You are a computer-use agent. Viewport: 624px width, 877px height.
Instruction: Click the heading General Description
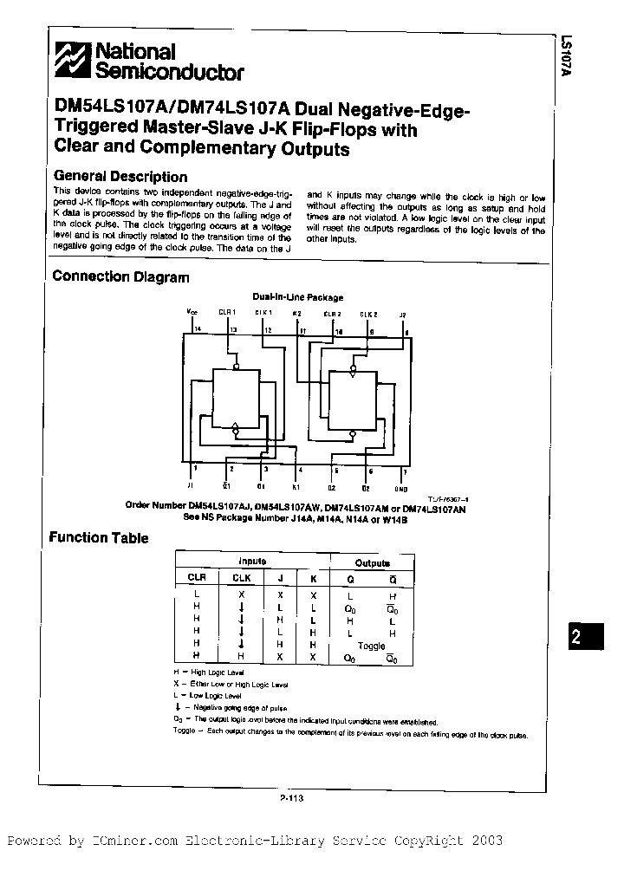coord(120,177)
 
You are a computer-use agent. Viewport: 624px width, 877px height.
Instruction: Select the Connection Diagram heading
coord(120,277)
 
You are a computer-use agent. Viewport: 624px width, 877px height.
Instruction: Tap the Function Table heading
coord(99,537)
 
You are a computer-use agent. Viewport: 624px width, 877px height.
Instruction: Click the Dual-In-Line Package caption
coord(298,297)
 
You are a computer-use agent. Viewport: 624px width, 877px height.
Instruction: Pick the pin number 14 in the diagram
coord(197,330)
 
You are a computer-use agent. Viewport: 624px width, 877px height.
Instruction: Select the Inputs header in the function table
coord(252,562)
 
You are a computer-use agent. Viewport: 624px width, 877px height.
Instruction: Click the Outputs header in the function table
coord(373,562)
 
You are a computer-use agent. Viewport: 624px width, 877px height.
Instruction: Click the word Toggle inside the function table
coord(371,646)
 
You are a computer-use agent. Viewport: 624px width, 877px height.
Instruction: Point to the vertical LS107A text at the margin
coord(566,57)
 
